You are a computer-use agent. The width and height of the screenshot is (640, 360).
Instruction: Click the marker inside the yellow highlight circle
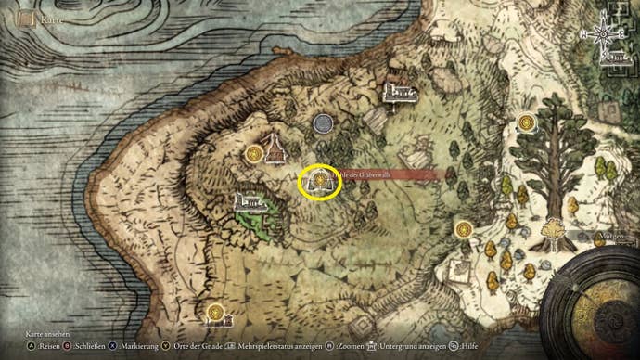click(x=320, y=181)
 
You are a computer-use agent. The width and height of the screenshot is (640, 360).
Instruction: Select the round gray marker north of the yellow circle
click(x=324, y=123)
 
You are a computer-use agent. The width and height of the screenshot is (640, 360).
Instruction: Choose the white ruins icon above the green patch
click(x=250, y=199)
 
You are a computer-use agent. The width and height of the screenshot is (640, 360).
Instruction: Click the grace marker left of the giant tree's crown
click(x=527, y=122)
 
